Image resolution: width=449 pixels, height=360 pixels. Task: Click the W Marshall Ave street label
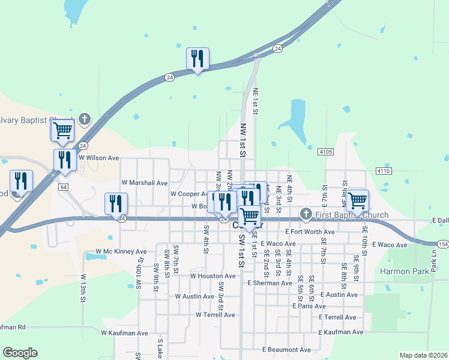tap(144, 182)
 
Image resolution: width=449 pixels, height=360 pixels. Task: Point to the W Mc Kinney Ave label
tap(121, 252)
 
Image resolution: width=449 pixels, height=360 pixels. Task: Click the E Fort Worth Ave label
tap(310, 232)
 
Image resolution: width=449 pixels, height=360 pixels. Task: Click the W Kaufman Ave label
tap(124, 333)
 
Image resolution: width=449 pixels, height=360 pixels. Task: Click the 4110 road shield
tap(384, 171)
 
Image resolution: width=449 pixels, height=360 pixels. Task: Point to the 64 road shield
tap(63, 187)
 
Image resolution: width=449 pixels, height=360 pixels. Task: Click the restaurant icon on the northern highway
tap(197, 59)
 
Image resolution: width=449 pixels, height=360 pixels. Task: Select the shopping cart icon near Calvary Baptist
tap(62, 130)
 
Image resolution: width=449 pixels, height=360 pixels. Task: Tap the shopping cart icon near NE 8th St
tap(357, 200)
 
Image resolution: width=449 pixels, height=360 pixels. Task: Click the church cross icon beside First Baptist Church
tap(306, 214)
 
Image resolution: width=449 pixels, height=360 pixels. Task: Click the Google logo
tap(20, 353)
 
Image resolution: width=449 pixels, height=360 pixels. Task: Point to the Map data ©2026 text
tap(423, 355)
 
